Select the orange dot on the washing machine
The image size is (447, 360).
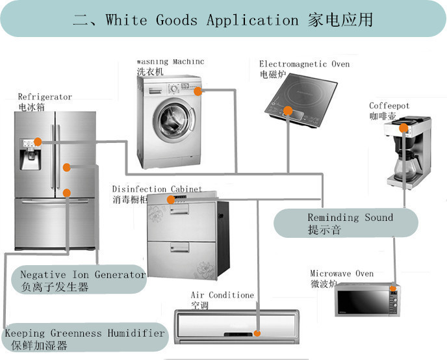click(198, 92)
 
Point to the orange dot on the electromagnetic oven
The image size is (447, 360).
click(287, 110)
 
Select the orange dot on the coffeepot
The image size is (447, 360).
click(403, 128)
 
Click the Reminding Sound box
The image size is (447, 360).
click(345, 223)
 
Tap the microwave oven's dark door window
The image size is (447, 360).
click(363, 303)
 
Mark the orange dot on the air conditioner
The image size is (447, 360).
click(257, 333)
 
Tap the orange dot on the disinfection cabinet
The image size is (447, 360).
click(171, 200)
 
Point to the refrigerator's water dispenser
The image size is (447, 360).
click(30, 154)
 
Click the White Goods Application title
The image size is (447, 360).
click(223, 19)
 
